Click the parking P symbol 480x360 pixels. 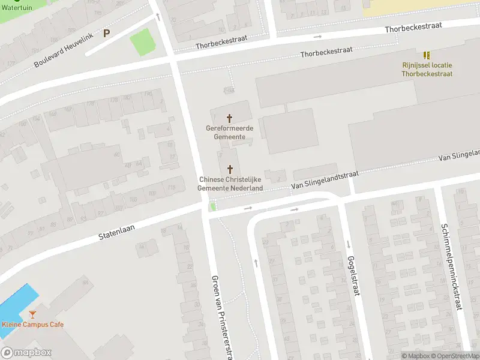(x=107, y=34)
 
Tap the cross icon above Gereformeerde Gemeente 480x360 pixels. (x=229, y=118)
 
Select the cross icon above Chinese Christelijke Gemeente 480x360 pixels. (x=230, y=170)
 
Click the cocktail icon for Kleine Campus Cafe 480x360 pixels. (x=32, y=314)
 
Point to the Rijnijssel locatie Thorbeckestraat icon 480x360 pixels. (x=427, y=55)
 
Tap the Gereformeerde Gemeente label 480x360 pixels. (x=229, y=133)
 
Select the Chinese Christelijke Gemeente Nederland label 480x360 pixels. (x=230, y=184)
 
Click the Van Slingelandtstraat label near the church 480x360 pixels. (x=325, y=179)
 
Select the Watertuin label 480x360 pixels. (x=16, y=8)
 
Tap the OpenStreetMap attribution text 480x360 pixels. (x=456, y=356)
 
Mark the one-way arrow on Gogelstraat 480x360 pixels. (x=349, y=244)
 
